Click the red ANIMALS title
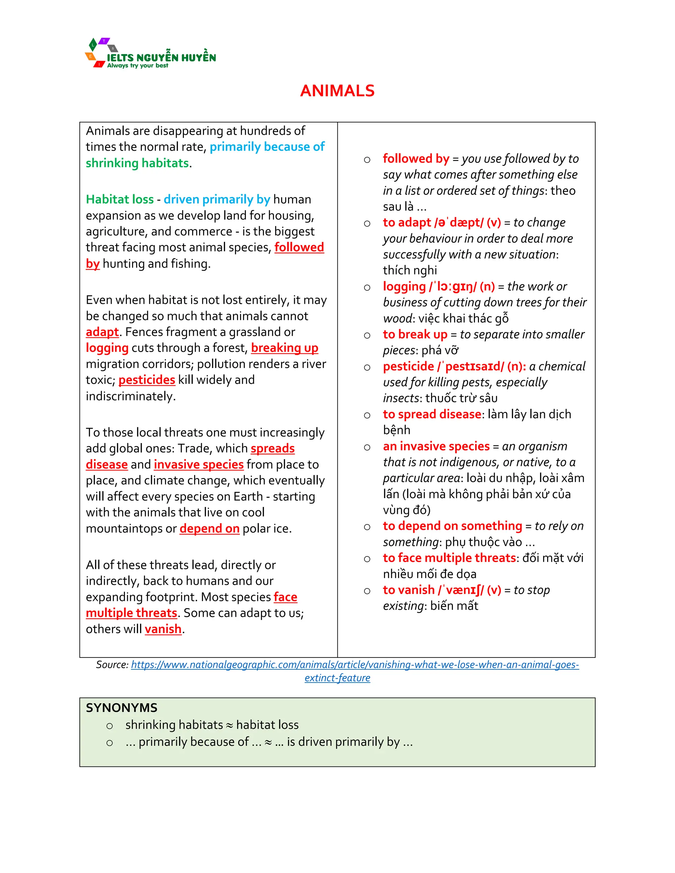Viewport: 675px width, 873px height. click(337, 91)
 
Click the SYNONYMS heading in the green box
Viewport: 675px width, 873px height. click(122, 708)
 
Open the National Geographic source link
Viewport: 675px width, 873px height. click(355, 665)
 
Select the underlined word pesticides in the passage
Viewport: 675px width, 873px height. click(147, 380)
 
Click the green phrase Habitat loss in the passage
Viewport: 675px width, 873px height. click(120, 199)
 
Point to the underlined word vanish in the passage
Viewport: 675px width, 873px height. click(163, 629)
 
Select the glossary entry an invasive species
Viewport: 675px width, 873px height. click(436, 446)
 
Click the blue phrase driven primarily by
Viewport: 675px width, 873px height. click(217, 199)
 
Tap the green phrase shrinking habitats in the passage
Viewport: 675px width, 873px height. click(137, 163)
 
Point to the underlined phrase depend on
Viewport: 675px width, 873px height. click(209, 528)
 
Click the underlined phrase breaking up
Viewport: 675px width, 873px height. click(284, 348)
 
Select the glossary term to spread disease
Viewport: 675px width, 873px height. click(432, 414)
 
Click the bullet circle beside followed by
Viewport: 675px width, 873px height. click(367, 160)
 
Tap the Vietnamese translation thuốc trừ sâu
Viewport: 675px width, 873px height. click(461, 398)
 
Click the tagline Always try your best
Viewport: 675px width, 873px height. click(137, 66)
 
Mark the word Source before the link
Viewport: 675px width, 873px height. click(112, 665)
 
